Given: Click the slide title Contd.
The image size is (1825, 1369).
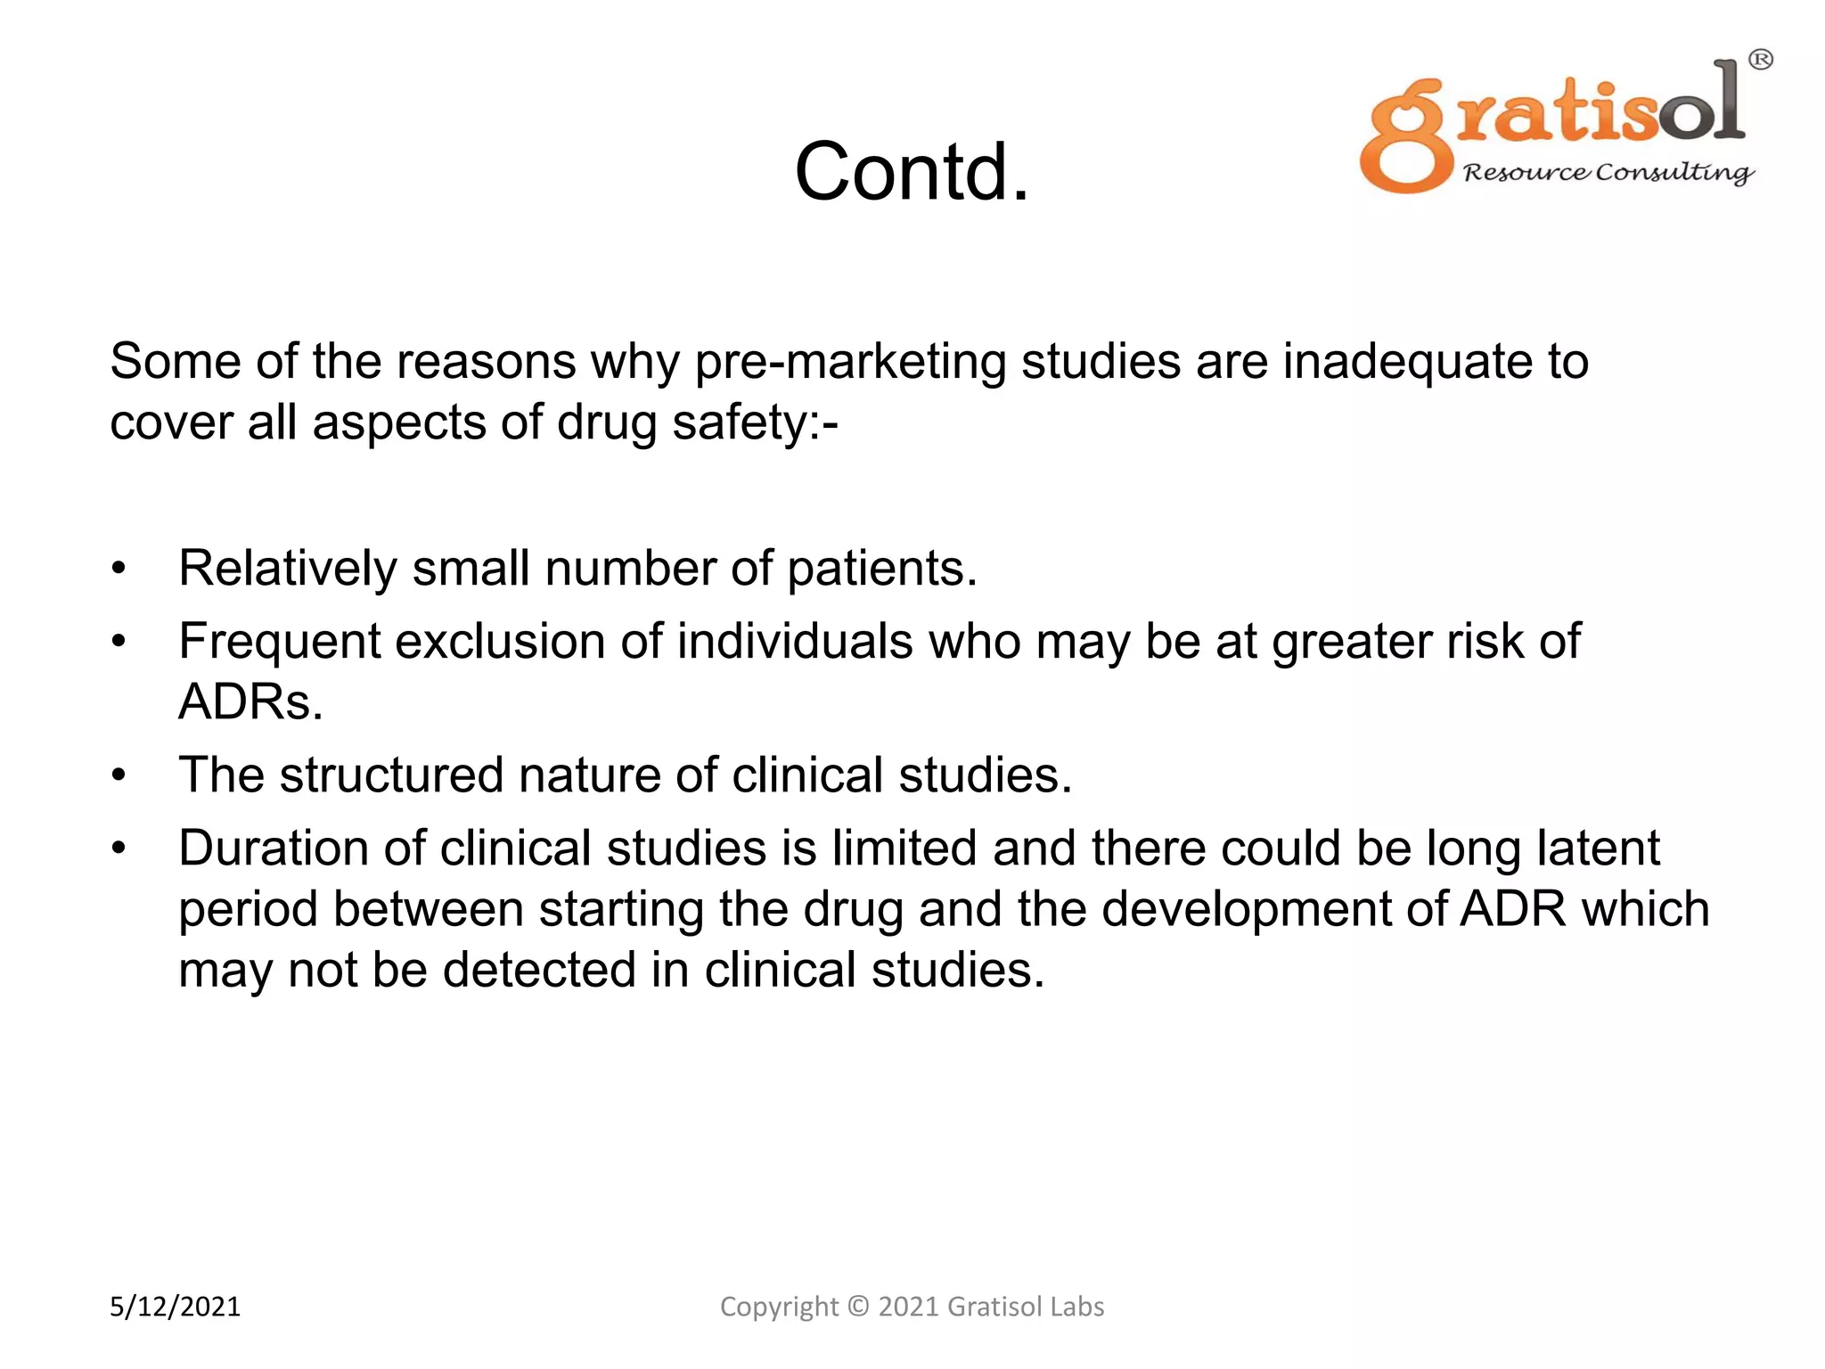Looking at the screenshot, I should click(x=912, y=171).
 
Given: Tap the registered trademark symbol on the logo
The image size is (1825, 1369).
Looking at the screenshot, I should click(x=1760, y=60).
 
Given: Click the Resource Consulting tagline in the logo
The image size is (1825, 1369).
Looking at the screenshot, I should click(x=1608, y=172).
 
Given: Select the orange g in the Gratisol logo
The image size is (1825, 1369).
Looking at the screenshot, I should click(x=1406, y=136).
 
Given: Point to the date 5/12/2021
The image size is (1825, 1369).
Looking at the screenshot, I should click(x=175, y=1307).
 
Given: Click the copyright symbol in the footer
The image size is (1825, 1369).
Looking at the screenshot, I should click(x=857, y=1307).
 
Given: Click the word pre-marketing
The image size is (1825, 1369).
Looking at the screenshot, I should click(x=850, y=362).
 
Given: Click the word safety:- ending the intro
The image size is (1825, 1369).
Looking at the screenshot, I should click(x=755, y=422).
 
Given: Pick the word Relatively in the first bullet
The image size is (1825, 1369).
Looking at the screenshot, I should click(x=287, y=569).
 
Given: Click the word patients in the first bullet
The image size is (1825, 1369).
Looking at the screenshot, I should click(x=881, y=569).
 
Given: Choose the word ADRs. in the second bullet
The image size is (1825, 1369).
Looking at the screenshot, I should click(x=250, y=702).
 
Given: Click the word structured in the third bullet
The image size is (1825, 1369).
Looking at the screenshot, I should click(x=391, y=775).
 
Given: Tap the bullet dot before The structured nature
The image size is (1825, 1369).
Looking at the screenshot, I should click(x=119, y=775).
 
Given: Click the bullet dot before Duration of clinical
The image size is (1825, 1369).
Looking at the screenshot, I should click(x=119, y=848).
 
